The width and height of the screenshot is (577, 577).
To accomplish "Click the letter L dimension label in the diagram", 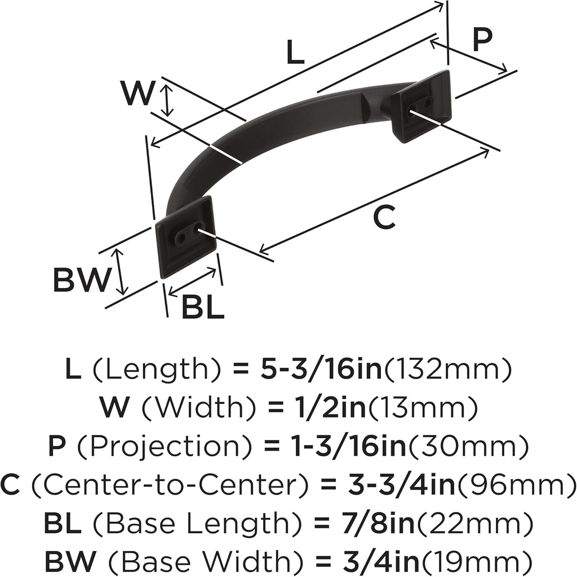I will (x=295, y=54).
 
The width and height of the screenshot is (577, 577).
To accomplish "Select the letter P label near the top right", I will (x=482, y=41).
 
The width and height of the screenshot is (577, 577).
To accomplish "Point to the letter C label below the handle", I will (x=384, y=218).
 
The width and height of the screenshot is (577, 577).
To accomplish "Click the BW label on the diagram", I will (x=81, y=280).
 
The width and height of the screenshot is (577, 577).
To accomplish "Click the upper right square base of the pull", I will (x=421, y=107).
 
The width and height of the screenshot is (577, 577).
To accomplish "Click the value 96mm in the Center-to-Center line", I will (x=512, y=484).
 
